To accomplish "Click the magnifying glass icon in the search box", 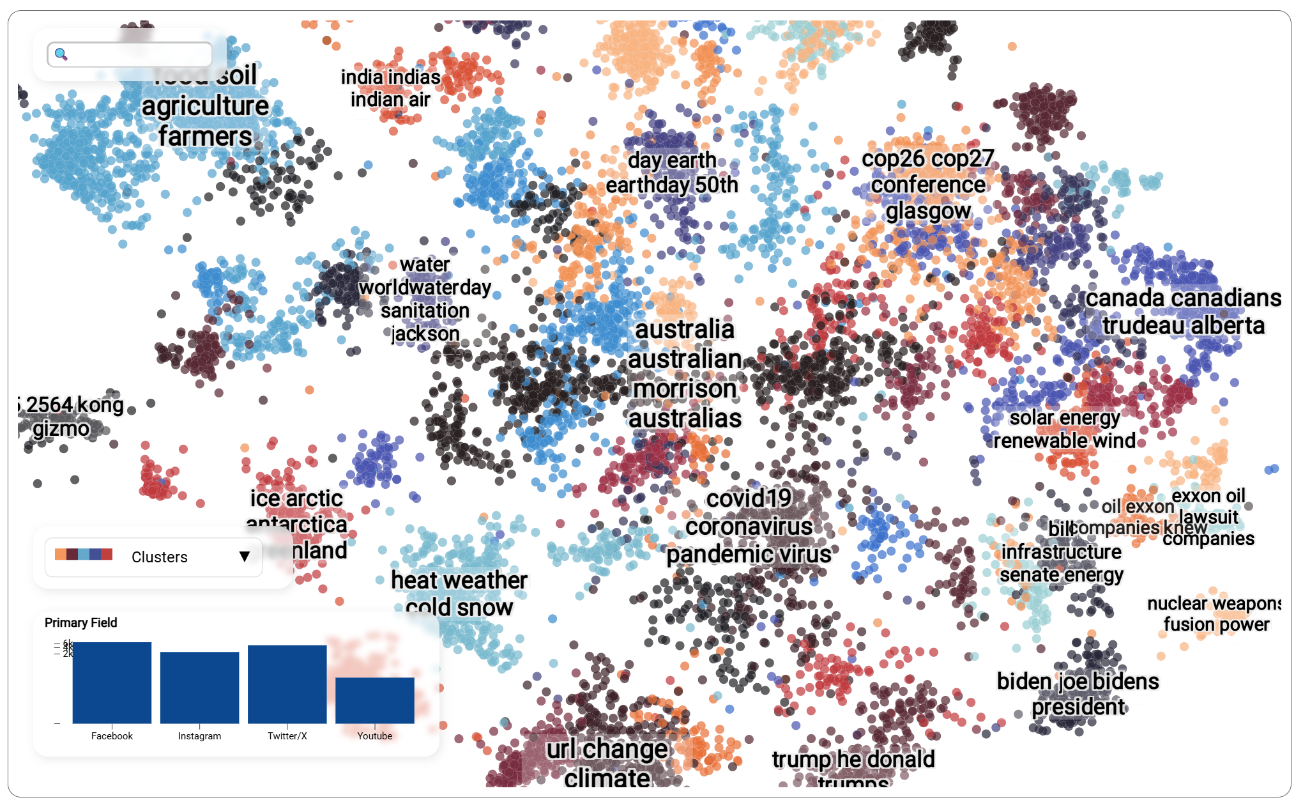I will tap(61, 54).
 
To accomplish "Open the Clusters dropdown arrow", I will tap(244, 557).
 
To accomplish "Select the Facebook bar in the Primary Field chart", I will tap(112, 682).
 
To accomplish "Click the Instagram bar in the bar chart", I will tap(199, 688).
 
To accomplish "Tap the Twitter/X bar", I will tap(287, 684).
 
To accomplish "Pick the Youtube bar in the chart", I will tap(375, 700).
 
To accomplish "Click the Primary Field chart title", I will tap(81, 622).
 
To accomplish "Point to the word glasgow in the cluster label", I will tap(928, 211).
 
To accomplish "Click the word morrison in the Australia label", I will tap(685, 389).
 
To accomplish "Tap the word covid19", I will tap(749, 498).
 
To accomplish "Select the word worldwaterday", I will tap(425, 288).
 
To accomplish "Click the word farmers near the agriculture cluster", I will tap(205, 136).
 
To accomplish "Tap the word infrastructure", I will tap(1061, 551).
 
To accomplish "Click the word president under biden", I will tap(1078, 707).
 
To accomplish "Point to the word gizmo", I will tap(61, 428).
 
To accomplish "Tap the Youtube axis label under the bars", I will tap(375, 736).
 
